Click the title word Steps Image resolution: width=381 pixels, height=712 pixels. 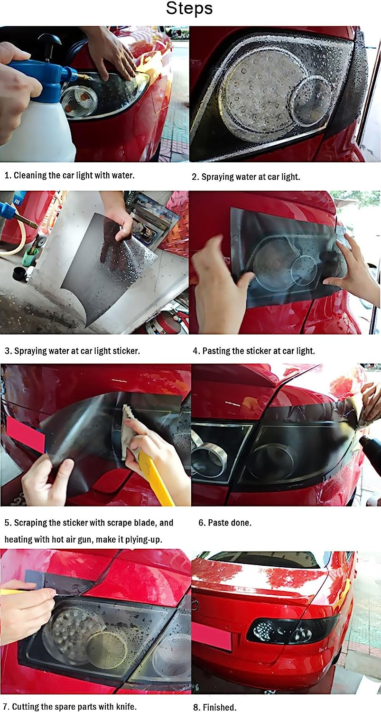(189, 9)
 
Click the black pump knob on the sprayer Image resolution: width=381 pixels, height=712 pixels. (49, 42)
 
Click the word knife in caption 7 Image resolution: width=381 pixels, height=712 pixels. (126, 707)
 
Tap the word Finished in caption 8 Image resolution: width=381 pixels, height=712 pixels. (220, 707)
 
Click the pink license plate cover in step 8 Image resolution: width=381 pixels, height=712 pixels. (211, 637)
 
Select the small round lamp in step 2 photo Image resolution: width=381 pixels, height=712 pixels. (311, 100)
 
